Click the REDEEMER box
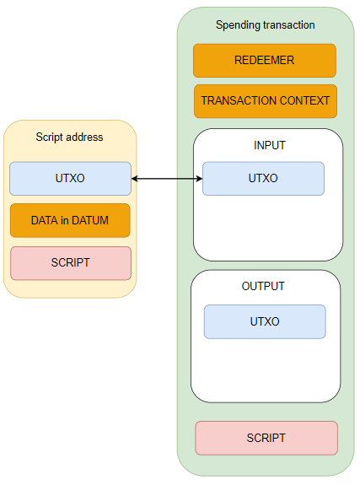click(x=265, y=61)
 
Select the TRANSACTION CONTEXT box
click(x=266, y=101)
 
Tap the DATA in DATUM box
click(x=70, y=220)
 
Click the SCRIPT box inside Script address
click(x=71, y=263)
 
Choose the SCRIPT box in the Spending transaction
click(x=266, y=438)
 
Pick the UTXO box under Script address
click(x=70, y=179)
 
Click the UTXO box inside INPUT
click(x=263, y=179)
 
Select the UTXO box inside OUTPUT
click(x=265, y=321)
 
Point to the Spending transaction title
click(x=266, y=25)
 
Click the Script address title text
click(x=69, y=137)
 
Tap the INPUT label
click(x=270, y=145)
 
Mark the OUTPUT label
click(x=263, y=286)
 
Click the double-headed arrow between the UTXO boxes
click(x=167, y=179)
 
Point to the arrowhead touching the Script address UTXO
click(x=134, y=179)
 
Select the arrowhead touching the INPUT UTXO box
click(x=200, y=179)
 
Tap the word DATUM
click(x=90, y=220)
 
